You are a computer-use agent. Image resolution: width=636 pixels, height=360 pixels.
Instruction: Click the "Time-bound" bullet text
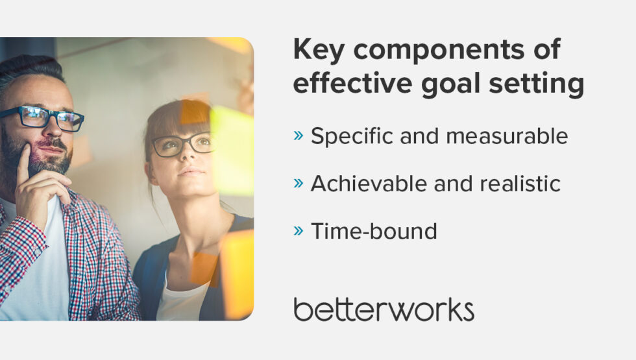pos(374,231)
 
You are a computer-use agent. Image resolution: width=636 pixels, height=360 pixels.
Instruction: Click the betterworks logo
pos(384,309)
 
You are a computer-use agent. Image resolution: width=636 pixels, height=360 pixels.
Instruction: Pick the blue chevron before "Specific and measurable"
pos(298,136)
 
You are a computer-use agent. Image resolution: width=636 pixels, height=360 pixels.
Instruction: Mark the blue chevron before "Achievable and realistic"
pos(298,183)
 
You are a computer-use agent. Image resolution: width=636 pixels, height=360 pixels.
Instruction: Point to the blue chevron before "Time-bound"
pos(298,230)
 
